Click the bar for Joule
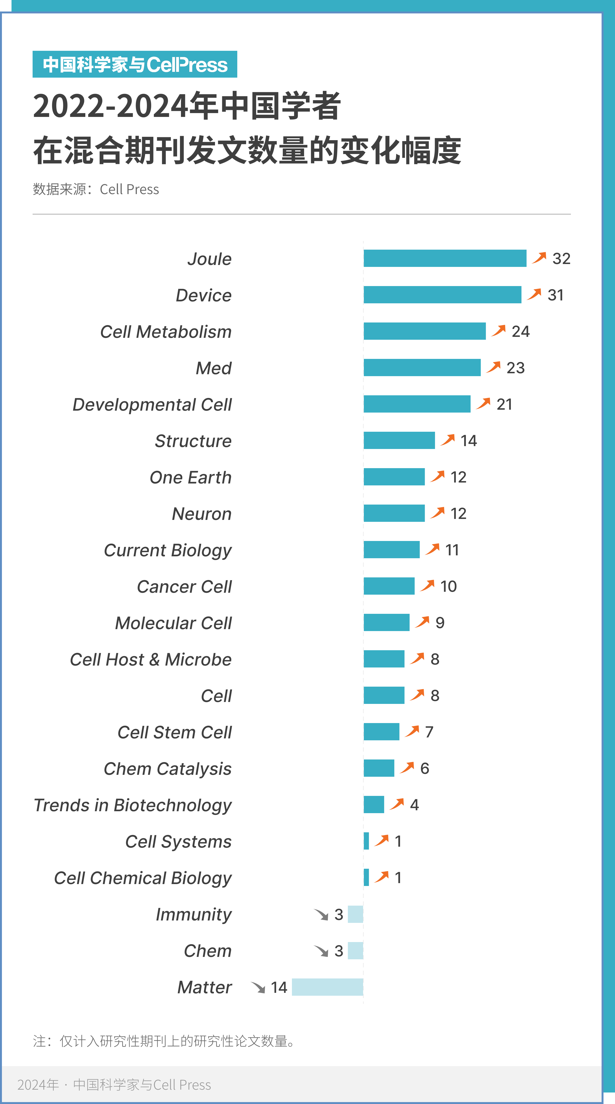point(445,259)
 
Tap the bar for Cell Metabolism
point(425,331)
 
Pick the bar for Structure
point(399,441)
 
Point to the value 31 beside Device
point(555,295)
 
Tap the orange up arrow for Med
point(494,367)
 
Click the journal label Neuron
point(202,514)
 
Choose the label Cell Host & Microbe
point(151,660)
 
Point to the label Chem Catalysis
point(168,769)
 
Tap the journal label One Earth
point(190,477)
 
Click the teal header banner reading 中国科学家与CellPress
point(135,64)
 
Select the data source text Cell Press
point(129,190)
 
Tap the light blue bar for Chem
point(355,951)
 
